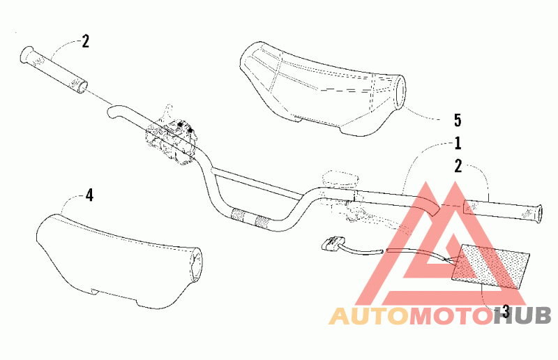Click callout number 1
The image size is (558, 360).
pyautogui.click(x=458, y=144)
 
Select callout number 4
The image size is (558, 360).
pyautogui.click(x=89, y=195)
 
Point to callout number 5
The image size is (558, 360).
pyautogui.click(x=457, y=119)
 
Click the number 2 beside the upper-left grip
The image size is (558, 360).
pyautogui.click(x=85, y=41)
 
